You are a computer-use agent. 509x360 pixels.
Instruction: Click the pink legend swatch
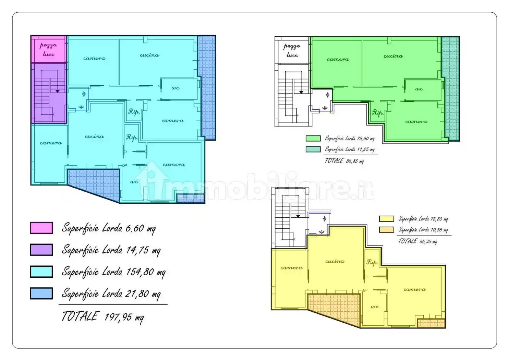41,228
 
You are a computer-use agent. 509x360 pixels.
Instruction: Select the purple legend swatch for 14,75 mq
41,250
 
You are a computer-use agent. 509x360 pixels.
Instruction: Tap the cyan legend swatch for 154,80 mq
41,272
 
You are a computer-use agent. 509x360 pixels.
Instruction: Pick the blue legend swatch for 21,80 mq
41,293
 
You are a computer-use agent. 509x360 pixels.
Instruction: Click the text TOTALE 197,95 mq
103,316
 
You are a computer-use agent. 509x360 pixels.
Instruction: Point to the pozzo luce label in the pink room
48,50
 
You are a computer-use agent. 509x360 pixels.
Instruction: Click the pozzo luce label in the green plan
292,51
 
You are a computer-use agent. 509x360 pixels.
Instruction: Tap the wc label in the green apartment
419,89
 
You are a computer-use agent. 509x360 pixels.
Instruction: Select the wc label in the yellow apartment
375,307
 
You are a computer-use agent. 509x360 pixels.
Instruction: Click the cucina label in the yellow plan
335,261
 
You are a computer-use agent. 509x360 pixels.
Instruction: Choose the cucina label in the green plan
393,56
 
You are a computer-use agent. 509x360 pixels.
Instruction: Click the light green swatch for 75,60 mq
313,139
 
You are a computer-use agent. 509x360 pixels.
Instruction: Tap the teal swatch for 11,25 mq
313,149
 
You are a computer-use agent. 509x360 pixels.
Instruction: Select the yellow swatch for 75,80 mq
387,219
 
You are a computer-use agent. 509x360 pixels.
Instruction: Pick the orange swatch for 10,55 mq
387,230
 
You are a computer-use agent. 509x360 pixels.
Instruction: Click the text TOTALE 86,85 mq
344,161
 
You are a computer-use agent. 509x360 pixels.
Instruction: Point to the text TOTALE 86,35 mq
417,241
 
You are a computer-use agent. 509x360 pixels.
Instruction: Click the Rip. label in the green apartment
378,112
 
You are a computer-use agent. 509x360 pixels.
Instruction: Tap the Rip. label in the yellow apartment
373,262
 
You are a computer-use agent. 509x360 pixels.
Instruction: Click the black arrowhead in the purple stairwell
58,91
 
